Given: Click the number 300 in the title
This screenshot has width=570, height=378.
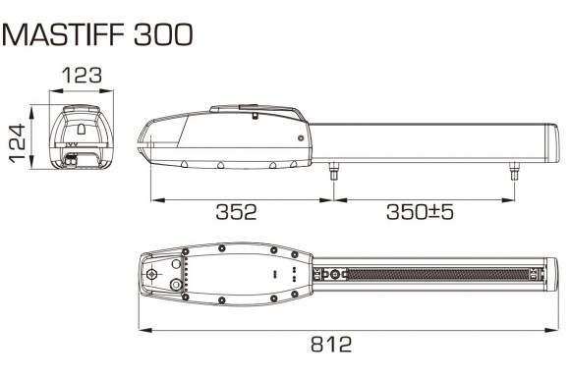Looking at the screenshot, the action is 163,34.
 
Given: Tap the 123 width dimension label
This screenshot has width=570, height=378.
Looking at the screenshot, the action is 82,76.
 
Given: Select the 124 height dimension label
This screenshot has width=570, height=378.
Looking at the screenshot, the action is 18,142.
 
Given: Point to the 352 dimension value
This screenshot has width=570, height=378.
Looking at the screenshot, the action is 236,212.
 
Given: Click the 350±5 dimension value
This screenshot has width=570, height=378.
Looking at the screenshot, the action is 420,212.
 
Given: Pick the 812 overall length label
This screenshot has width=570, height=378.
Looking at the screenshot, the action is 331,344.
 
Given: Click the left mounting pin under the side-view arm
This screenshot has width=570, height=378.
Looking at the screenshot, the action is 333,171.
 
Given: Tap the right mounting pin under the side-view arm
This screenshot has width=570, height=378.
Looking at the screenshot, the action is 514,171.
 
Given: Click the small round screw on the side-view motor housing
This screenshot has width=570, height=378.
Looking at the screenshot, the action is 301,138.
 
